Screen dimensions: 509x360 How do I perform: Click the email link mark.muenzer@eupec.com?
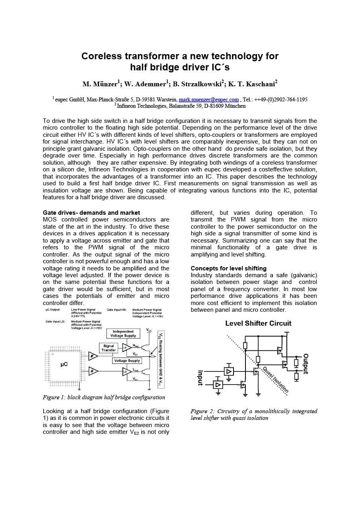(209, 99)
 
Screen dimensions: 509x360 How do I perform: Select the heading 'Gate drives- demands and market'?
(91, 213)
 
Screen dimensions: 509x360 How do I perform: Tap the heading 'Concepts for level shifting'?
(228, 268)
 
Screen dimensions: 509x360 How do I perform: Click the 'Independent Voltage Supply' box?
(123, 333)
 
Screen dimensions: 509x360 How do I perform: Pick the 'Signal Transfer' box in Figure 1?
(109, 348)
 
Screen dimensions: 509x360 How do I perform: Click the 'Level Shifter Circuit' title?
(258, 323)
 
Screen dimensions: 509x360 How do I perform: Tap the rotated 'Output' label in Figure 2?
(306, 364)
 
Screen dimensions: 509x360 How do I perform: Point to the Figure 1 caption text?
(104, 397)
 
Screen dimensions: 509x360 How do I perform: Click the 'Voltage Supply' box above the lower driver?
(126, 361)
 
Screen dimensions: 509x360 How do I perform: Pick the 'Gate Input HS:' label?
(117, 310)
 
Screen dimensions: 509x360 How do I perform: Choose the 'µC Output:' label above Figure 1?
(53, 310)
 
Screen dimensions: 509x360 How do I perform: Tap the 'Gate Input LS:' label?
(55, 321)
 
